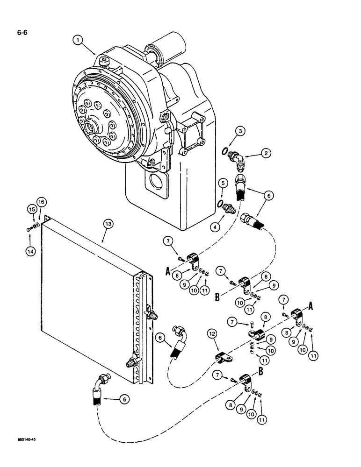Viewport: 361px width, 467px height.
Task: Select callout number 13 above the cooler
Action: click(108, 225)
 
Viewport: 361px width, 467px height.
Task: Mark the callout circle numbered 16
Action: click(40, 201)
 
